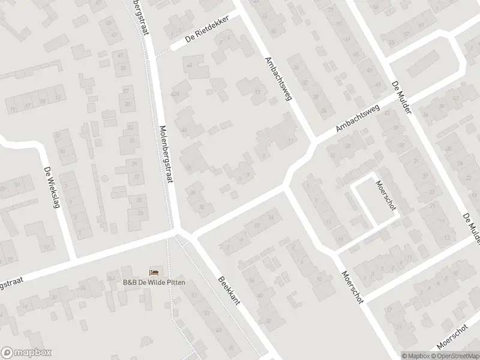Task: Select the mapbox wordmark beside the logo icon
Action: (34, 353)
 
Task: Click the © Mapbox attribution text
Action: (415, 355)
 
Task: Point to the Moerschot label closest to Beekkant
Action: (352, 287)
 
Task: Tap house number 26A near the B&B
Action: (110, 277)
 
